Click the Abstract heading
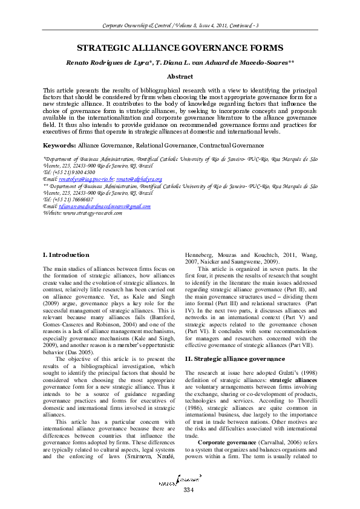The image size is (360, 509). [x=180, y=77]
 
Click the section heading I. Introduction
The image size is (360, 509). [x=66, y=255]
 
